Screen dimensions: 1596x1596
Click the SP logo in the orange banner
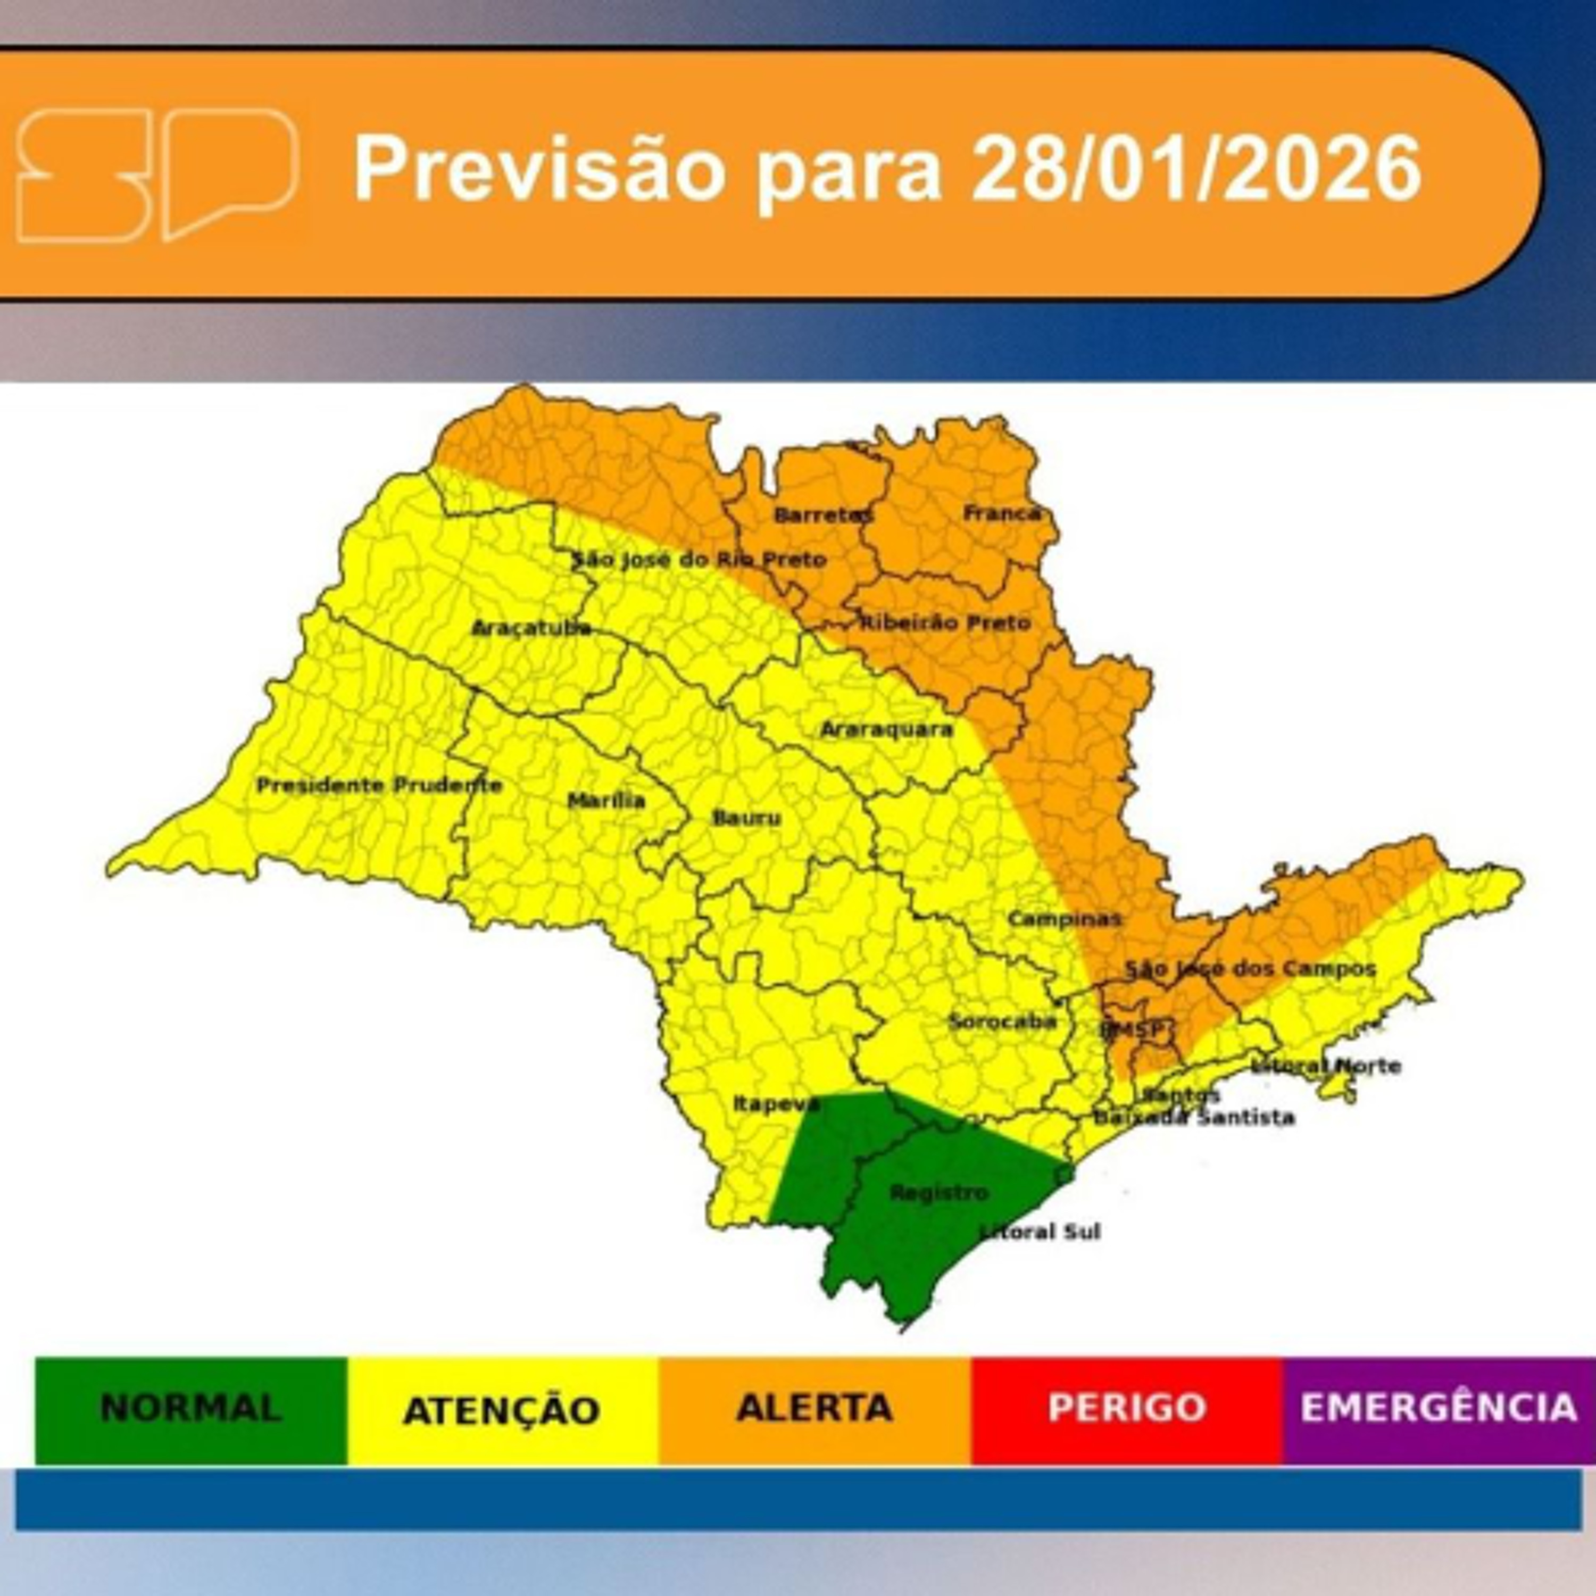[x=157, y=174]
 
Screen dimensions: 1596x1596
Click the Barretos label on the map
[x=823, y=514]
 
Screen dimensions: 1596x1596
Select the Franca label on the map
[x=1002, y=513]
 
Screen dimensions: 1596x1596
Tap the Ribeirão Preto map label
[x=946, y=622]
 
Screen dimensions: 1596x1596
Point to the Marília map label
[x=606, y=800]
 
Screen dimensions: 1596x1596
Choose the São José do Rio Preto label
[x=700, y=559]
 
